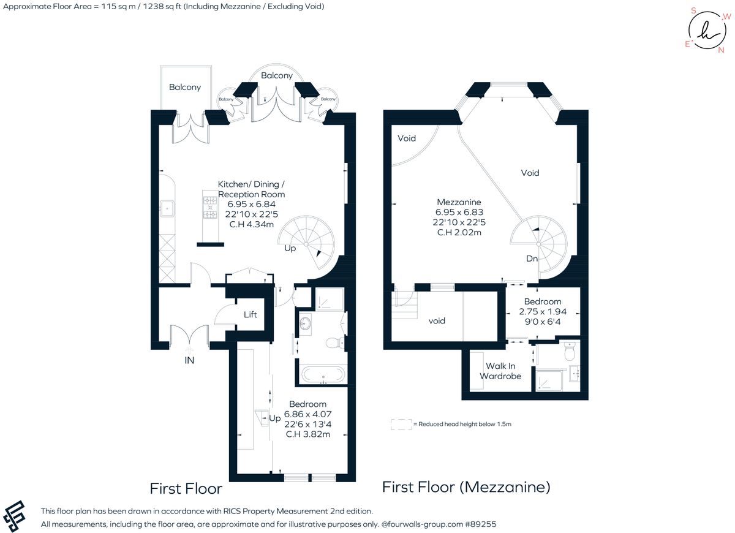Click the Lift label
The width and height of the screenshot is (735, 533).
coord(251,315)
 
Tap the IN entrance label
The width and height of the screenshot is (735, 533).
coord(189,361)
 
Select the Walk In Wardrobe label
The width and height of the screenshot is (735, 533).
coord(500,371)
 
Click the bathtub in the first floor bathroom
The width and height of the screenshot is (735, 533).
coord(323,374)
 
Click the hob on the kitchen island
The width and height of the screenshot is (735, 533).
coord(210,207)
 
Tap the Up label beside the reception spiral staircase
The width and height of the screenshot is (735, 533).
coord(290,249)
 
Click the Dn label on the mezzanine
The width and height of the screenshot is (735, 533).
coord(532,259)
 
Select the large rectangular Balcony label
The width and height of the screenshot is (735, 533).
coord(185,88)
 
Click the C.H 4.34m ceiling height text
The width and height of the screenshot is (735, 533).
coord(251,224)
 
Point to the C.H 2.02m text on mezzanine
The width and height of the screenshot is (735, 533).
coord(459,232)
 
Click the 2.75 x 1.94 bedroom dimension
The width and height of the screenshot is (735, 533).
coord(542,311)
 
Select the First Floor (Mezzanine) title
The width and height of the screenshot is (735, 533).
coord(466,487)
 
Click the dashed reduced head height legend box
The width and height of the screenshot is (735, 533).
coord(401,424)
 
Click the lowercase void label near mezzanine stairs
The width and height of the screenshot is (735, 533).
coord(437,321)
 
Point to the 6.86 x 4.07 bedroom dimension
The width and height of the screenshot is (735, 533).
coord(307,415)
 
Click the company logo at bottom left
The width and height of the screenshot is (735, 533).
coord(17,516)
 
